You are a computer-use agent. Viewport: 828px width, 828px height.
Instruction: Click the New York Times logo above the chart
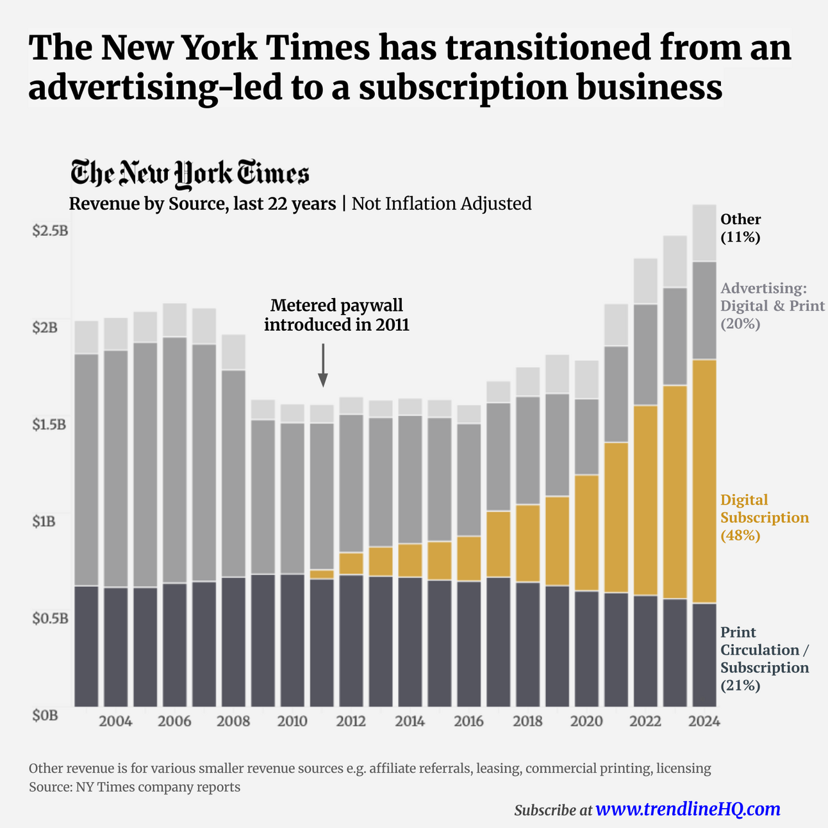[x=190, y=174]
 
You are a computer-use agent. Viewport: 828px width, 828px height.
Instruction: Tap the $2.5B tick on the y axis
[x=49, y=230]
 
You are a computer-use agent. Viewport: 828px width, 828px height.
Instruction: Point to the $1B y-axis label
[x=44, y=521]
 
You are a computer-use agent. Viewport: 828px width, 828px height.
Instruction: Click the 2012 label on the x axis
[x=351, y=722]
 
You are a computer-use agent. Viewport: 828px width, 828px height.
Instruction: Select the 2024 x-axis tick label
[x=704, y=722]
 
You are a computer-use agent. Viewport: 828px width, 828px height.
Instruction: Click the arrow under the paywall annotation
[x=323, y=365]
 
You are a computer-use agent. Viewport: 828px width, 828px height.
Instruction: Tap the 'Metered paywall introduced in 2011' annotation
[x=336, y=315]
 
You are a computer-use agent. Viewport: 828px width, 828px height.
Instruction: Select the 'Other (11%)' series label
[x=741, y=228]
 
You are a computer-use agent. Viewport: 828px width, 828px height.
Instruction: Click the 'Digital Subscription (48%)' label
[x=764, y=517]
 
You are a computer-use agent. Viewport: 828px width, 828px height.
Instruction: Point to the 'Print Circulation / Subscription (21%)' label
[x=764, y=659]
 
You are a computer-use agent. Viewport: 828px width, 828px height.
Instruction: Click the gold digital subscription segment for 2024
[x=704, y=481]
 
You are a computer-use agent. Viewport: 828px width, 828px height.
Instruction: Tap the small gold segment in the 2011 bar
[x=322, y=574]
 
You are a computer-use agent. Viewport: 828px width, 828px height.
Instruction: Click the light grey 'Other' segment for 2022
[x=645, y=281]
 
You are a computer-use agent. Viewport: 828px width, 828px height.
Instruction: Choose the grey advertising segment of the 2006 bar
[x=175, y=460]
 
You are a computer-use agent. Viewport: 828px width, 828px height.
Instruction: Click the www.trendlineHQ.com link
[x=688, y=809]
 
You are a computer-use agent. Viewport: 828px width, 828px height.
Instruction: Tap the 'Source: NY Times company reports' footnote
[x=135, y=787]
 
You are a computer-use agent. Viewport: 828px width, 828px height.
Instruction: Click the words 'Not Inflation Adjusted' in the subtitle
[x=442, y=204]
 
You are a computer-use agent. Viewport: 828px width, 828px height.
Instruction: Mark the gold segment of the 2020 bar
[x=586, y=532]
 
